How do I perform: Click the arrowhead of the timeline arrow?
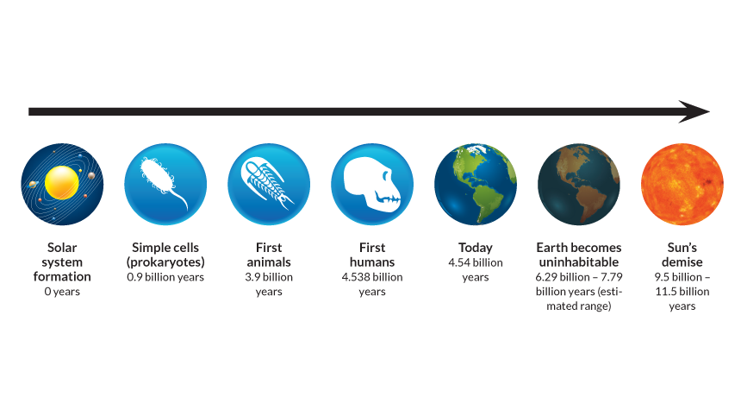(696, 111)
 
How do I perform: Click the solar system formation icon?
(62, 182)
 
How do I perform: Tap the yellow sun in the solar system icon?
(62, 180)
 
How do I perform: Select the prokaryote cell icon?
(165, 182)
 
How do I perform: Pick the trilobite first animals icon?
(269, 182)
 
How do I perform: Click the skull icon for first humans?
(372, 182)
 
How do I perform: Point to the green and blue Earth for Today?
(476, 182)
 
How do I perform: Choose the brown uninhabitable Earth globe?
(579, 182)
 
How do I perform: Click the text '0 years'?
(62, 292)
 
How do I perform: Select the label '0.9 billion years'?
(165, 277)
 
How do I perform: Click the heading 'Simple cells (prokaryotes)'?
(165, 255)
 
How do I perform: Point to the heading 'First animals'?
(269, 255)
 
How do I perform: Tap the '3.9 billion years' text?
(269, 284)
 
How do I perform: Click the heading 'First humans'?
(372, 255)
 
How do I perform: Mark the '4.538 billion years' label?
(372, 284)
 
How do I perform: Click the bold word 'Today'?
(476, 248)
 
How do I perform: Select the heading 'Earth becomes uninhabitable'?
(579, 255)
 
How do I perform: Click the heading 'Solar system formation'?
(62, 262)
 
